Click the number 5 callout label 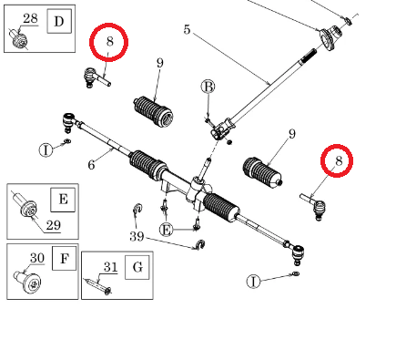(187, 29)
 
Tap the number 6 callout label (91, 165)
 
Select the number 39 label (137, 236)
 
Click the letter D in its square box (59, 21)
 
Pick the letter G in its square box (137, 267)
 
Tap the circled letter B (208, 87)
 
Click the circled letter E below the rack (166, 230)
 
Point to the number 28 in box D (30, 19)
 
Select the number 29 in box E (54, 225)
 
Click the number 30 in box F (37, 258)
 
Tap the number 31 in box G (110, 267)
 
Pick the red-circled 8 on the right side (338, 160)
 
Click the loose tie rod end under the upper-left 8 (96, 77)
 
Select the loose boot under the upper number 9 (153, 112)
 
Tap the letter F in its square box (64, 259)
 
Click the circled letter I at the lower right (253, 282)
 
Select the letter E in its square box (63, 200)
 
